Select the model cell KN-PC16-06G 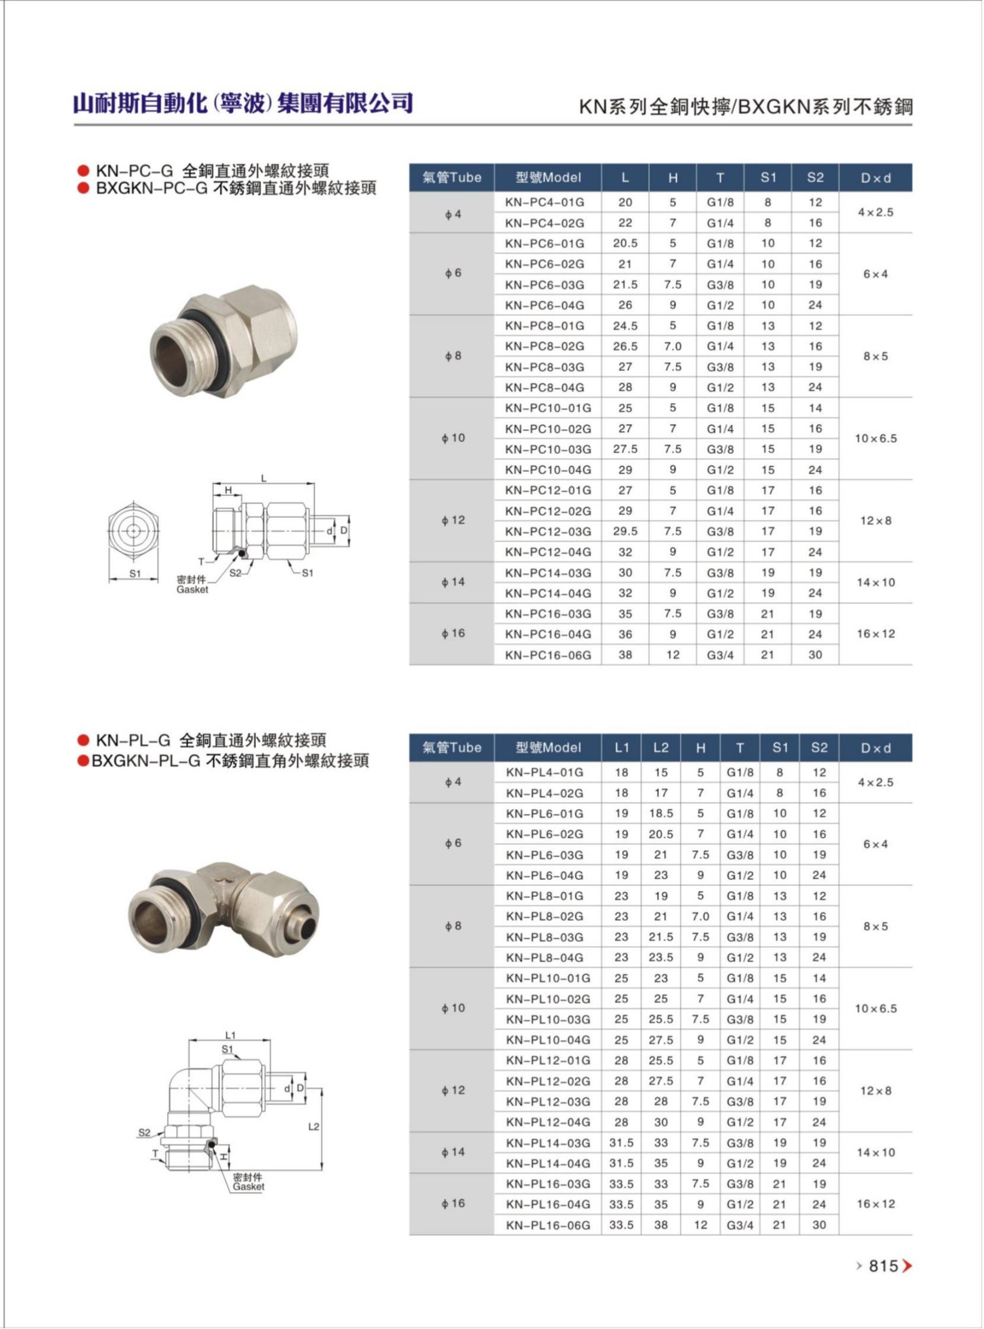pyautogui.click(x=547, y=655)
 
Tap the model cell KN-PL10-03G pyautogui.click(x=547, y=1019)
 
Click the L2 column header pyautogui.click(x=661, y=748)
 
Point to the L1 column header pyautogui.click(x=621, y=748)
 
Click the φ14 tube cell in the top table pyautogui.click(x=452, y=582)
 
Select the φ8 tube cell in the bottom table pyautogui.click(x=452, y=926)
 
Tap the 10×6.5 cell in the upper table pyautogui.click(x=876, y=438)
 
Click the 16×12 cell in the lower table pyautogui.click(x=876, y=1204)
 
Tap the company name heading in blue pyautogui.click(x=243, y=104)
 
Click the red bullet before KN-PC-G pyautogui.click(x=84, y=172)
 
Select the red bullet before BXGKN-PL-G pyautogui.click(x=84, y=761)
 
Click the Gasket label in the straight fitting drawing pyautogui.click(x=192, y=589)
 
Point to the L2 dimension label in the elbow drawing pyautogui.click(x=314, y=1126)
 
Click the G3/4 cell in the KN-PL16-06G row pyautogui.click(x=740, y=1225)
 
